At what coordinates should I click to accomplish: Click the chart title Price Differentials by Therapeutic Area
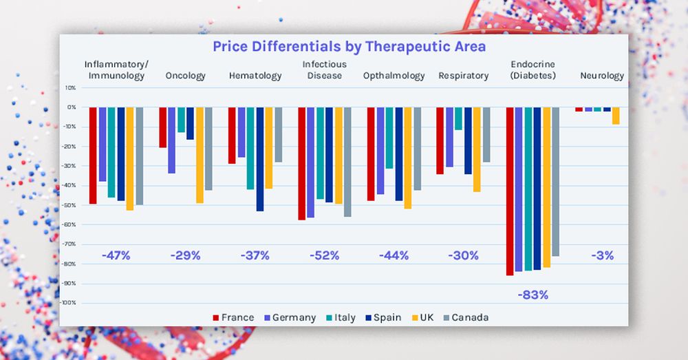pyautogui.click(x=349, y=47)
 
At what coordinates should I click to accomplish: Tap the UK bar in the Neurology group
pyautogui.click(x=616, y=116)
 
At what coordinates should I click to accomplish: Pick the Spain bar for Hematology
pyautogui.click(x=260, y=159)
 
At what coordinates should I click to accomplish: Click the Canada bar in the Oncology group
pyautogui.click(x=208, y=149)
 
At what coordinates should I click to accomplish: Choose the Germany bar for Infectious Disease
pyautogui.click(x=310, y=162)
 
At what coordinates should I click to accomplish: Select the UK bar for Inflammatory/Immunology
pyautogui.click(x=130, y=158)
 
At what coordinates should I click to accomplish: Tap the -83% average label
pyautogui.click(x=533, y=295)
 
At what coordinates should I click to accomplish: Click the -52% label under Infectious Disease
pyautogui.click(x=324, y=255)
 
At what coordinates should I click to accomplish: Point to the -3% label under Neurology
pyautogui.click(x=602, y=255)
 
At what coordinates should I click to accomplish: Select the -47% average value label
pyautogui.click(x=116, y=255)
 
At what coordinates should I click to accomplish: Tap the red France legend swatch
pyautogui.click(x=216, y=317)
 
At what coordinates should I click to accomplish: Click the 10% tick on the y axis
pyautogui.click(x=70, y=87)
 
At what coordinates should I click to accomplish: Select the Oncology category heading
pyautogui.click(x=185, y=76)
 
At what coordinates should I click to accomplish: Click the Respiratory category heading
pyautogui.click(x=463, y=76)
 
